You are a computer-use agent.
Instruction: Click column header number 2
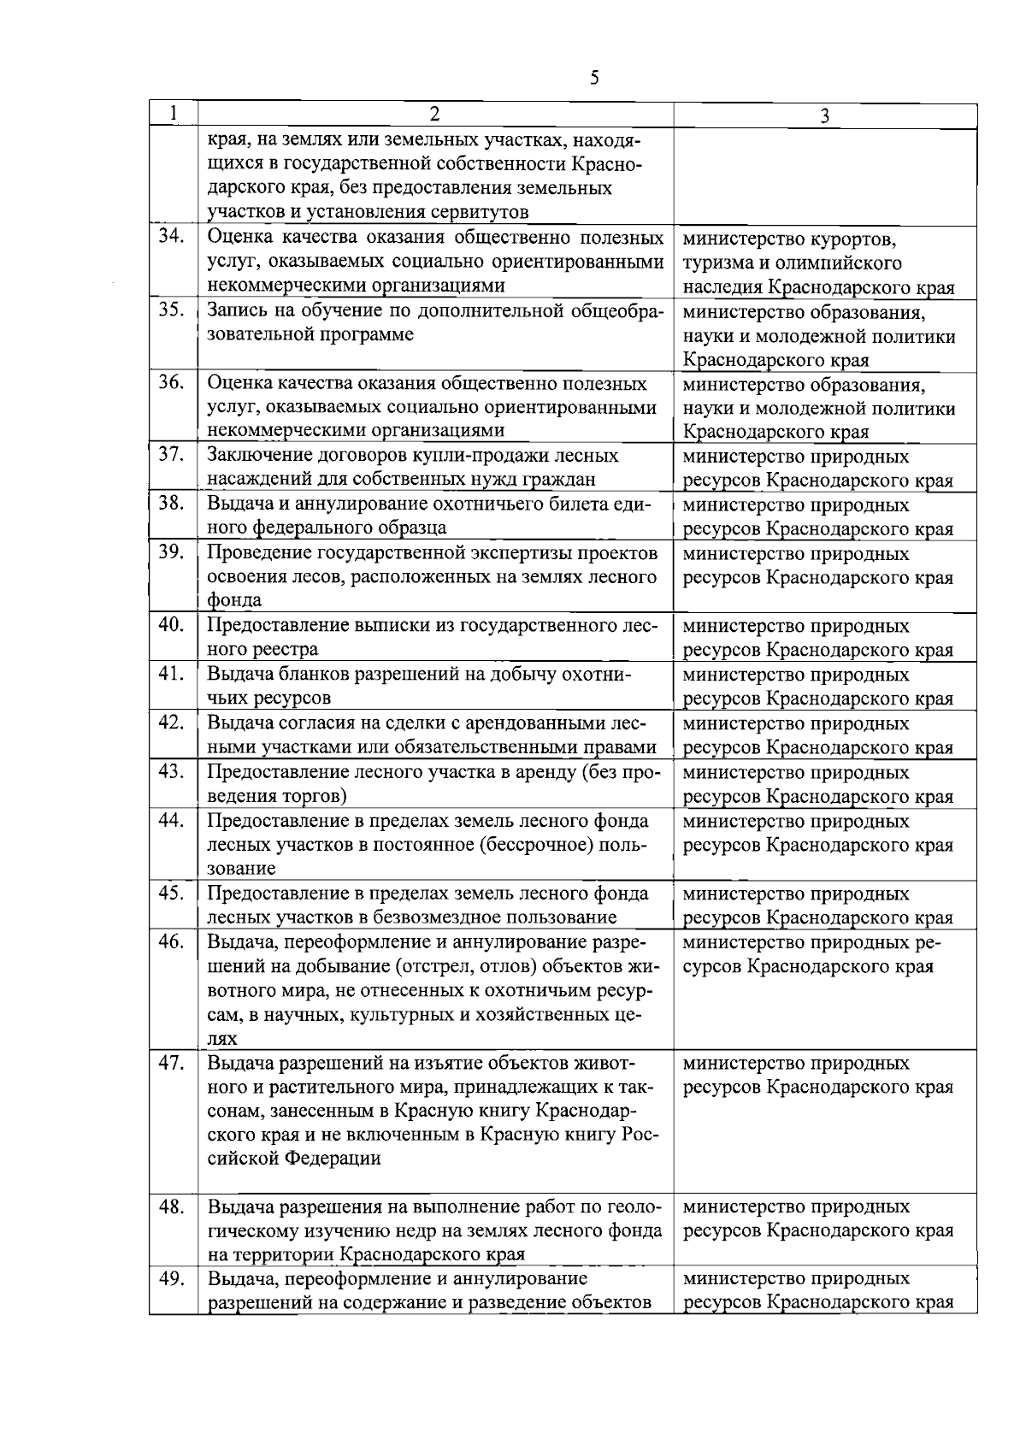point(434,115)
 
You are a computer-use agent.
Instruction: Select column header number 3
point(823,116)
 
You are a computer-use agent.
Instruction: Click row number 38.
point(173,504)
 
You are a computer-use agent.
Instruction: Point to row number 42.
point(173,723)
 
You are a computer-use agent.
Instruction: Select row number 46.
point(173,942)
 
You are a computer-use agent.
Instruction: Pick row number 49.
point(173,1279)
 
